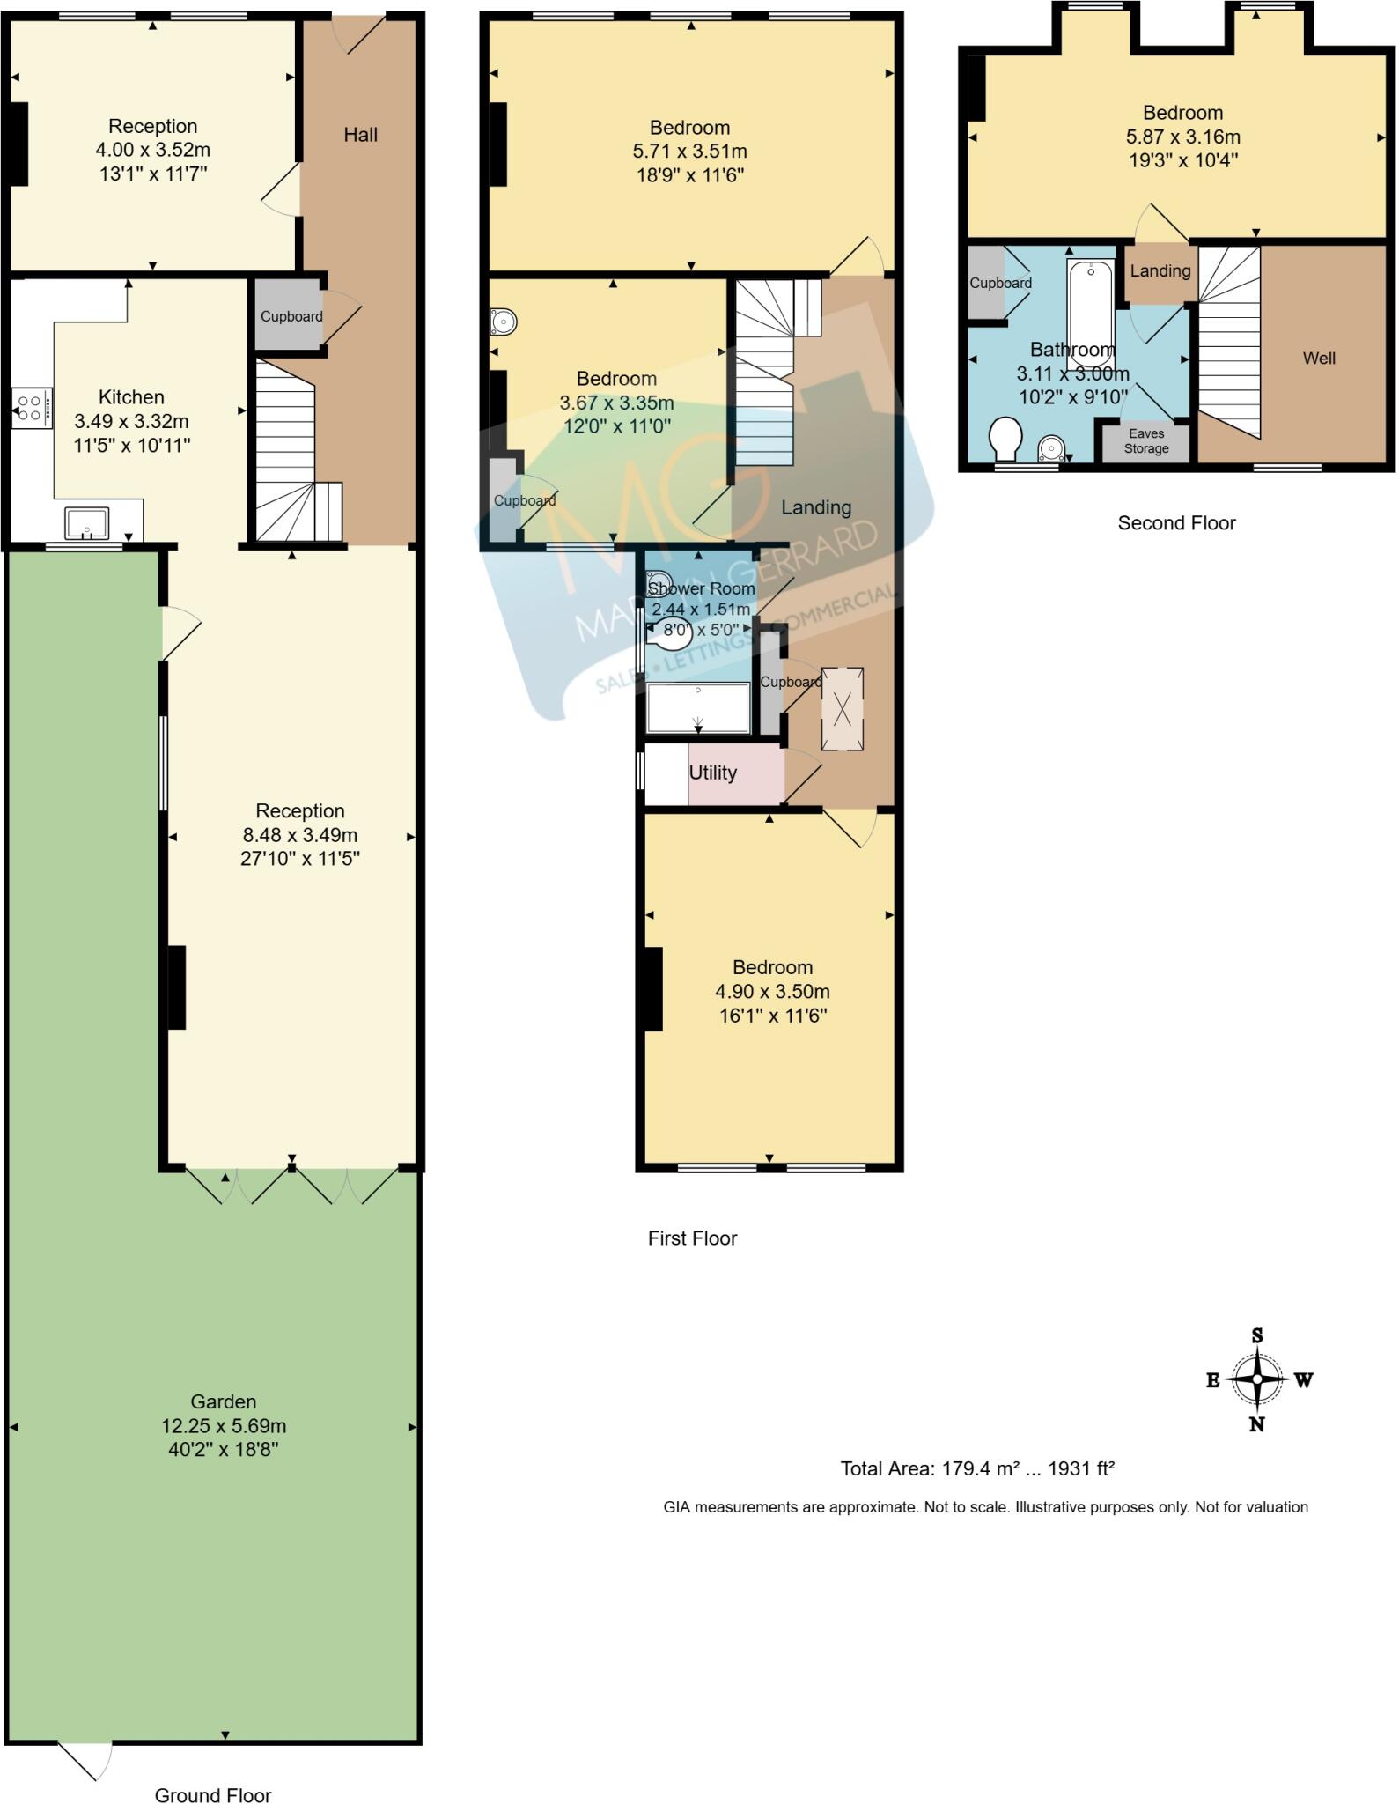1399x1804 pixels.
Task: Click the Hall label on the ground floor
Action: coord(360,135)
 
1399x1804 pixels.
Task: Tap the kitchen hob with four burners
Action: coord(31,408)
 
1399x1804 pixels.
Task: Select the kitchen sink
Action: coord(86,522)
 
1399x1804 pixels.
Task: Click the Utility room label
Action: coord(712,773)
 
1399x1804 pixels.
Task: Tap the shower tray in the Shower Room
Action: coord(697,707)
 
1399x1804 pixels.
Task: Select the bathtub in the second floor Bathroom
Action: coord(1091,314)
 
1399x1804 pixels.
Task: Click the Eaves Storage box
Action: coord(1145,441)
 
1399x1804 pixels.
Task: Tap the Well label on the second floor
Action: coord(1319,358)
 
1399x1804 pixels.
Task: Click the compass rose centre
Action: coord(1257,1379)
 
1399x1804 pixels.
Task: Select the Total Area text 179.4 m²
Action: coord(977,1468)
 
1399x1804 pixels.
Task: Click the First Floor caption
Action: coord(692,1238)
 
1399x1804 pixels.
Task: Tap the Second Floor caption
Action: coord(1176,522)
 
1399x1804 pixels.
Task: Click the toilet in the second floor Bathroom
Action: coord(1005,438)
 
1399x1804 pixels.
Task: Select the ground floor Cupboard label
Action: coord(291,316)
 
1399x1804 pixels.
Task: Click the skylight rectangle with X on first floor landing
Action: coord(843,709)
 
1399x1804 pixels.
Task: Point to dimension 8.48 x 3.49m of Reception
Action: coord(299,834)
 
